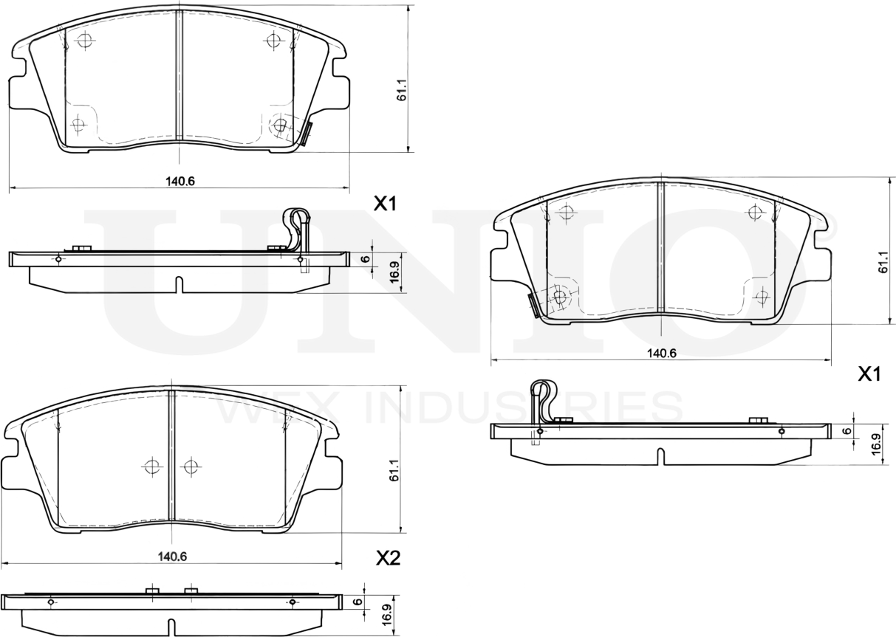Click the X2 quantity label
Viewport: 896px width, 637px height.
[388, 558]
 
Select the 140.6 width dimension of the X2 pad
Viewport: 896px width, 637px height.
[171, 557]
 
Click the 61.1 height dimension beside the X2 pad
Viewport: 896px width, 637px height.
[394, 470]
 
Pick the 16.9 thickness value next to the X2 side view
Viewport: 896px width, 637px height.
[386, 614]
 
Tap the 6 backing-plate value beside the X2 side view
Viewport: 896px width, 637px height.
[358, 602]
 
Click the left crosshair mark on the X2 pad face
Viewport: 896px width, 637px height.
[151, 466]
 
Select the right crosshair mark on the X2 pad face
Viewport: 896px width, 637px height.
[191, 466]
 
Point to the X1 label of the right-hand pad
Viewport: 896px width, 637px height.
[869, 375]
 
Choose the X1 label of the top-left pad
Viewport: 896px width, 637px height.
[385, 204]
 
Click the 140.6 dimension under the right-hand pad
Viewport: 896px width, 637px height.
[662, 353]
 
